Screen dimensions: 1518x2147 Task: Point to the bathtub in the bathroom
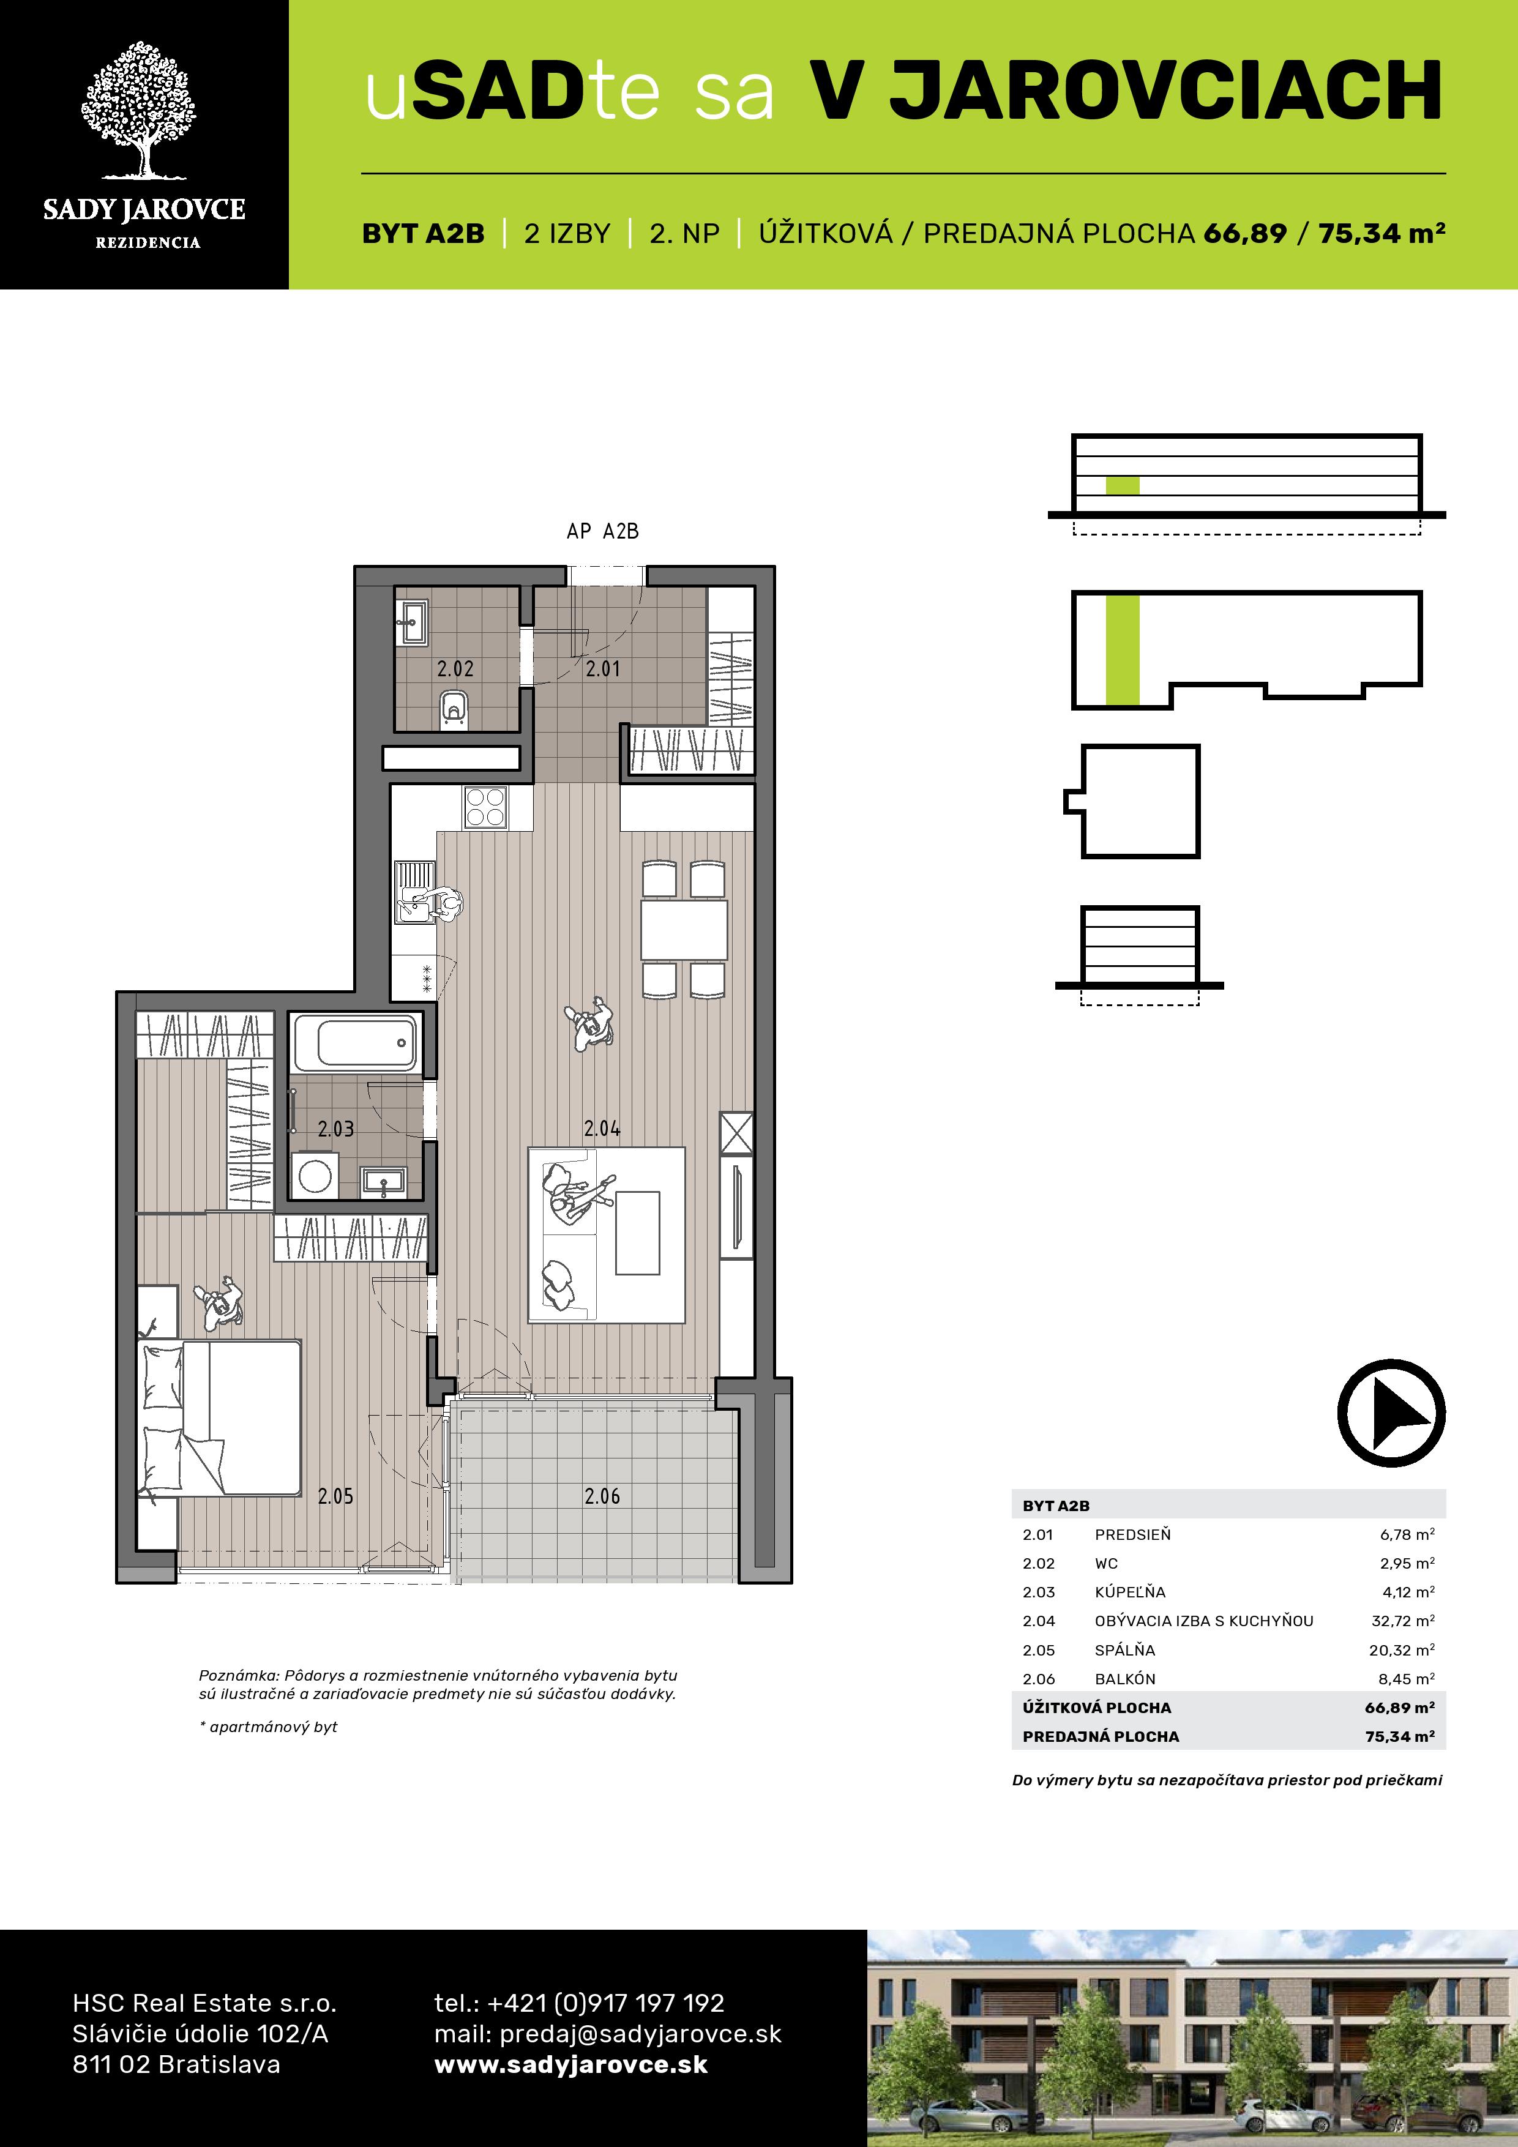click(356, 1043)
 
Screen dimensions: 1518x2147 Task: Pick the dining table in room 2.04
click(684, 930)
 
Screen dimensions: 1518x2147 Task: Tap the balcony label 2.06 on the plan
click(602, 1496)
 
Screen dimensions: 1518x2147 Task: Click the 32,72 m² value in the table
click(1403, 1621)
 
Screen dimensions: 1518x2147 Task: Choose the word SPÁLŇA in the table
click(1125, 1649)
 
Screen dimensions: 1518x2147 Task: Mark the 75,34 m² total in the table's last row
click(1400, 1736)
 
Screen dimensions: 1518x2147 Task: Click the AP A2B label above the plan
click(602, 531)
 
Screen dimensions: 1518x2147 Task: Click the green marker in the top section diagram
click(1123, 485)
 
